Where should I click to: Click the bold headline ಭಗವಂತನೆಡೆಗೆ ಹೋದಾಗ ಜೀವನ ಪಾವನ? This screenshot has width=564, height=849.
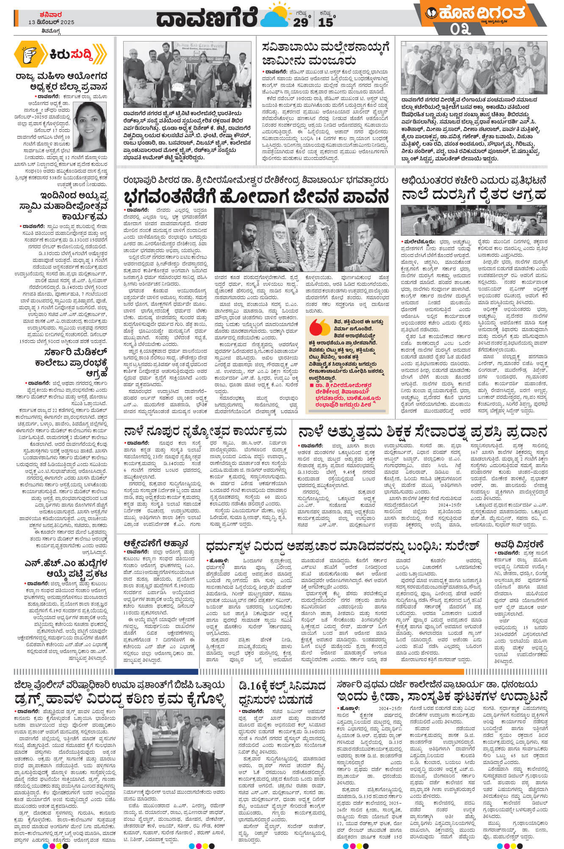click(x=256, y=197)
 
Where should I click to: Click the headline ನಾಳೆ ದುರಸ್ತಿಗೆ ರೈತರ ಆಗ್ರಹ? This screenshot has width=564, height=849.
click(x=473, y=195)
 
